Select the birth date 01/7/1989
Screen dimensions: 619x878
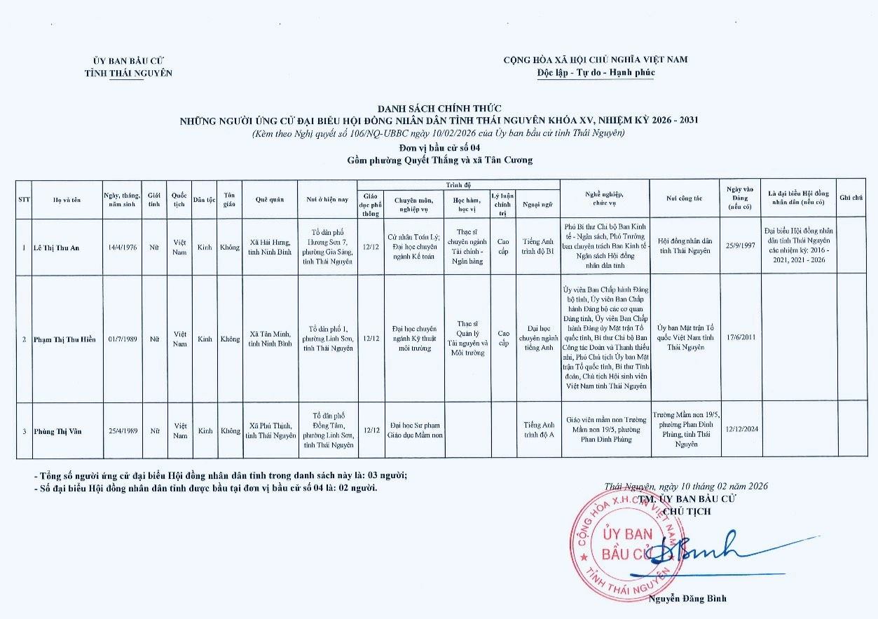point(122,339)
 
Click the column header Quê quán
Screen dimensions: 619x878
point(270,199)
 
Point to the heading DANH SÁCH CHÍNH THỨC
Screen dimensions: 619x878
point(439,109)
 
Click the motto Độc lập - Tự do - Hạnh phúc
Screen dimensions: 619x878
point(595,73)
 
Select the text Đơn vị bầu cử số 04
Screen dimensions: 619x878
point(439,148)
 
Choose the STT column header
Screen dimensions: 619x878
point(24,199)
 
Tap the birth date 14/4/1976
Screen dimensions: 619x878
point(122,247)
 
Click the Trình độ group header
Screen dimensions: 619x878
point(458,184)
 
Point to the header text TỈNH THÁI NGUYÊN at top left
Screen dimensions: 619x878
point(128,73)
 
